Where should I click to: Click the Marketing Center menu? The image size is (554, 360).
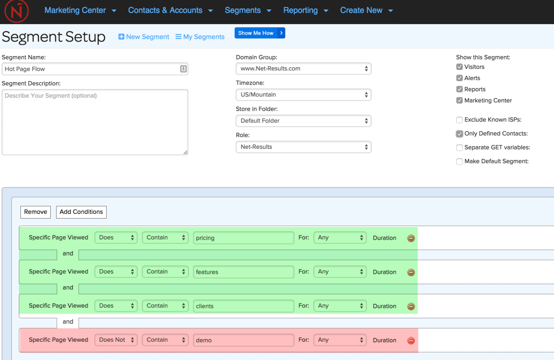click(80, 11)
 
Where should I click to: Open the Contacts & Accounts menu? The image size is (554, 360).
click(170, 11)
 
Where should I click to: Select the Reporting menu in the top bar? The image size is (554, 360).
click(306, 11)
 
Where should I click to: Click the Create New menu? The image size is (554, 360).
click(366, 11)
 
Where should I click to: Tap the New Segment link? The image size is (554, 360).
click(143, 37)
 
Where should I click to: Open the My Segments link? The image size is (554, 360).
click(200, 37)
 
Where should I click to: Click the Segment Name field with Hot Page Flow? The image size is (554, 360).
click(91, 69)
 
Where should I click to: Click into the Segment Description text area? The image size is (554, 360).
click(95, 122)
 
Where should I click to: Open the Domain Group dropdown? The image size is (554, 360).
click(303, 69)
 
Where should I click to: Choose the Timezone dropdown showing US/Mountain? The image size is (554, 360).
click(303, 95)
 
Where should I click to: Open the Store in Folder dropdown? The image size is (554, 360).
click(303, 121)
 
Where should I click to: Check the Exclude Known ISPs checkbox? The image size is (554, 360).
click(460, 120)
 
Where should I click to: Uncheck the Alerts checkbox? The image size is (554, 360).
click(460, 78)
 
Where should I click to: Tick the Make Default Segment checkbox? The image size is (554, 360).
click(460, 162)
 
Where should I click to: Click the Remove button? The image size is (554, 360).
click(36, 212)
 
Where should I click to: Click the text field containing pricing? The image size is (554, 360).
click(243, 238)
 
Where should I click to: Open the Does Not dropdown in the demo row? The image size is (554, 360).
click(116, 340)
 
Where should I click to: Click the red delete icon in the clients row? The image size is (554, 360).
click(411, 307)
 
